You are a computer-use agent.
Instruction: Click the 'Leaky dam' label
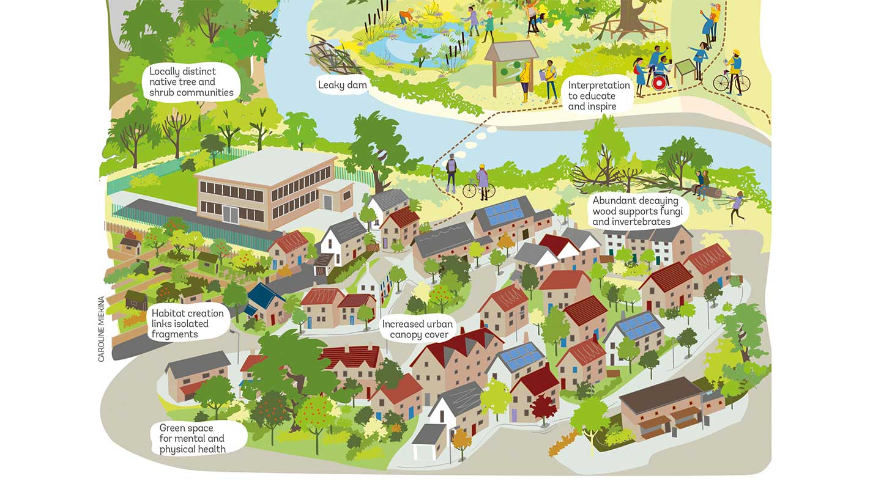[342, 85]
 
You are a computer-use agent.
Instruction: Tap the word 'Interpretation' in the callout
[598, 85]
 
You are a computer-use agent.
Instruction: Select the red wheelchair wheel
[659, 83]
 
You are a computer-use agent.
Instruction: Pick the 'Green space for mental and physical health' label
[193, 438]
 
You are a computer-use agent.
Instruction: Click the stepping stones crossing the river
[480, 137]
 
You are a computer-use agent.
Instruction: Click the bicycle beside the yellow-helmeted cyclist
[731, 82]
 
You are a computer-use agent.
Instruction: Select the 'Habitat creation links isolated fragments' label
[188, 324]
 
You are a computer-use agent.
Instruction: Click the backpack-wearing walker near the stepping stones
[452, 172]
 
